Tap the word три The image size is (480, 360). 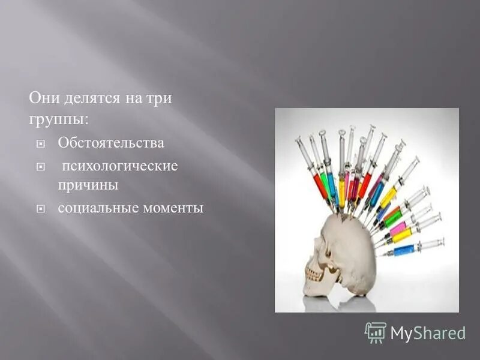(x=158, y=98)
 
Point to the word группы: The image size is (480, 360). (x=59, y=119)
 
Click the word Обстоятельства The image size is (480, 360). (x=110, y=143)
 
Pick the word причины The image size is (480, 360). (x=88, y=185)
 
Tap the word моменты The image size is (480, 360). (x=174, y=208)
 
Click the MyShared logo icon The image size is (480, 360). (x=375, y=332)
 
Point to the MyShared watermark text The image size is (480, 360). (x=428, y=333)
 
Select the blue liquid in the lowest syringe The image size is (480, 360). (x=403, y=250)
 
